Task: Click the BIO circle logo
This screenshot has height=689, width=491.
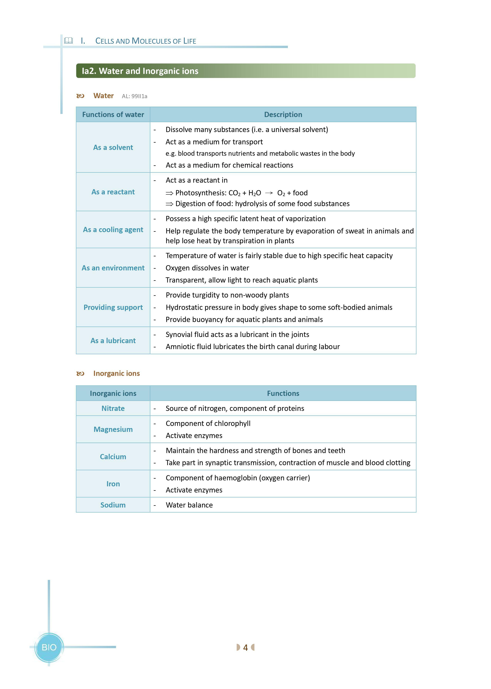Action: pyautogui.click(x=49, y=647)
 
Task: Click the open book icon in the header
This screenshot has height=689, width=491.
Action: pyautogui.click(x=69, y=40)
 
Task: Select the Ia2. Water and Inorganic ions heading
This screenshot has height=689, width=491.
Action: pyautogui.click(x=140, y=71)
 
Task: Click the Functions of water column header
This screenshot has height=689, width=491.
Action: pyautogui.click(x=113, y=115)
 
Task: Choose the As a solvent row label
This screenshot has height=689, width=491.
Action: pyautogui.click(x=113, y=147)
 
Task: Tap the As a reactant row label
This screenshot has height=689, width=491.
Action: pyautogui.click(x=113, y=192)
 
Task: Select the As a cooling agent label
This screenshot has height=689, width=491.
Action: pyautogui.click(x=113, y=230)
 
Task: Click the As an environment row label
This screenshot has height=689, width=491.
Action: pyautogui.click(x=113, y=268)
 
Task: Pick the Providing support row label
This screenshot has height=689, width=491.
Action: pyautogui.click(x=113, y=307)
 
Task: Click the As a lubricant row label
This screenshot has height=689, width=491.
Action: pyautogui.click(x=113, y=341)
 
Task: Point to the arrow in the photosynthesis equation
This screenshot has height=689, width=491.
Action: pyautogui.click(x=269, y=193)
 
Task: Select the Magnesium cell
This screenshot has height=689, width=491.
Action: pyautogui.click(x=113, y=429)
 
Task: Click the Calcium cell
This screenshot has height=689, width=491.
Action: pyautogui.click(x=113, y=457)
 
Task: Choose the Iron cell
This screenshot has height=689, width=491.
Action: pyautogui.click(x=113, y=484)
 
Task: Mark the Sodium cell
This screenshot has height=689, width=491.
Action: pyautogui.click(x=113, y=505)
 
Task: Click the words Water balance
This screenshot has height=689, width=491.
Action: pyautogui.click(x=189, y=505)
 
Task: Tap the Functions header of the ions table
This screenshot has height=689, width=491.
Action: pyautogui.click(x=283, y=393)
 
